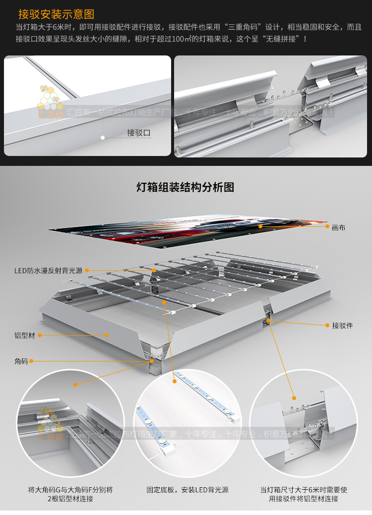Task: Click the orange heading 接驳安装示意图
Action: point(56,14)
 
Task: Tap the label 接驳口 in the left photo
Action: point(138,133)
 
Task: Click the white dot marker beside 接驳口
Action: point(102,137)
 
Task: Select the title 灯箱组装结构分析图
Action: point(185,187)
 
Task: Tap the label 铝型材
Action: point(25,335)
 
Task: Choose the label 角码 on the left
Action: point(21,361)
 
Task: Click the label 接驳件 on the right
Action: point(342,325)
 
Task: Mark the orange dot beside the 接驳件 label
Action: point(327,325)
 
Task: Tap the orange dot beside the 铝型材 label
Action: point(40,335)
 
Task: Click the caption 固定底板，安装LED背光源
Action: point(187,490)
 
